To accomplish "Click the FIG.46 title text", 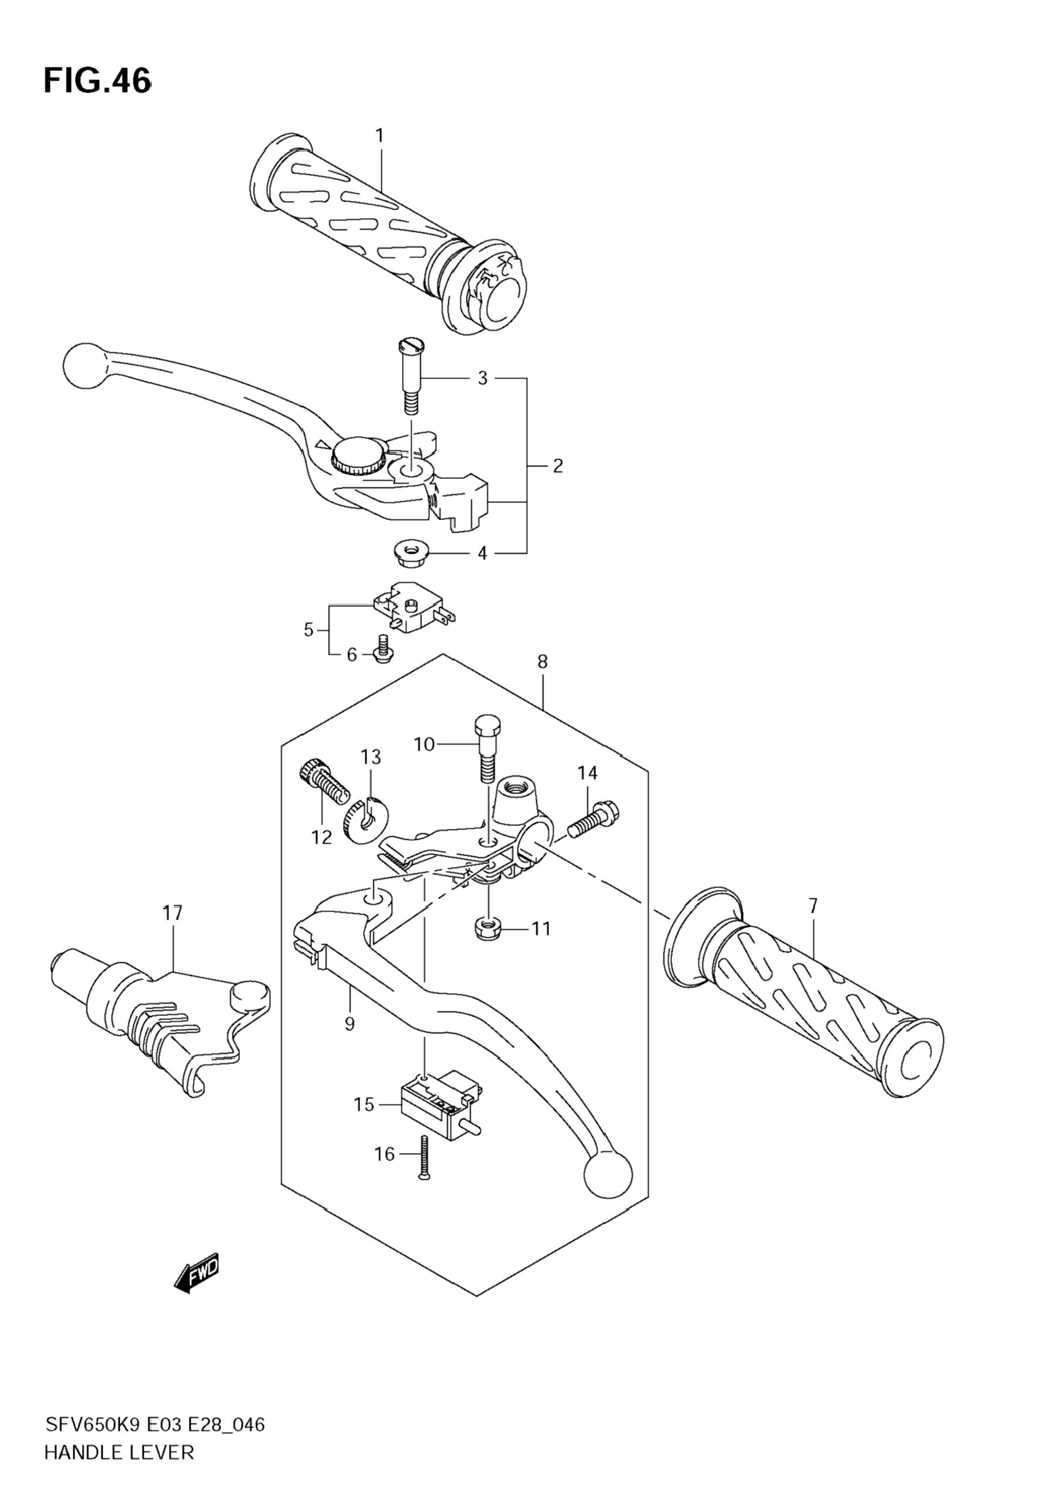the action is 97,81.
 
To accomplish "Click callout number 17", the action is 173,913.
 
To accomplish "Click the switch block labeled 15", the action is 442,1102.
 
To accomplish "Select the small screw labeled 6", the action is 383,649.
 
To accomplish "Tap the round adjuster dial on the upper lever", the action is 358,456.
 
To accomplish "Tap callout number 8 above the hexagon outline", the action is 542,661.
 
